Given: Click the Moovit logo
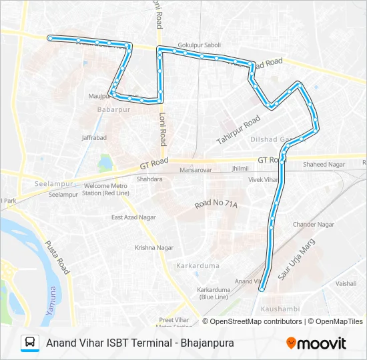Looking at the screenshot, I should (x=316, y=343).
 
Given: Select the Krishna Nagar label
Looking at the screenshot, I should (x=154, y=247).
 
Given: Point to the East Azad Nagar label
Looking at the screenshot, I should (x=133, y=217).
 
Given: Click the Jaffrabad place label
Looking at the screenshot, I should (x=94, y=137).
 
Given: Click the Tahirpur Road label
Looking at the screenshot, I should (x=238, y=131).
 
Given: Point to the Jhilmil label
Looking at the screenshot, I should (x=240, y=169).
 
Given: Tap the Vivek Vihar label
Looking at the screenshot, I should (x=263, y=180).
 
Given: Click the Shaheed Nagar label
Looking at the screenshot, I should (x=324, y=164).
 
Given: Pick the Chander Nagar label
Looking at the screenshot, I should (x=313, y=225).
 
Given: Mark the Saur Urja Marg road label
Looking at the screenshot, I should (x=296, y=260).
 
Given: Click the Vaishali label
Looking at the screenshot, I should (x=346, y=283).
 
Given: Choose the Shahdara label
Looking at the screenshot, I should (x=149, y=179).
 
